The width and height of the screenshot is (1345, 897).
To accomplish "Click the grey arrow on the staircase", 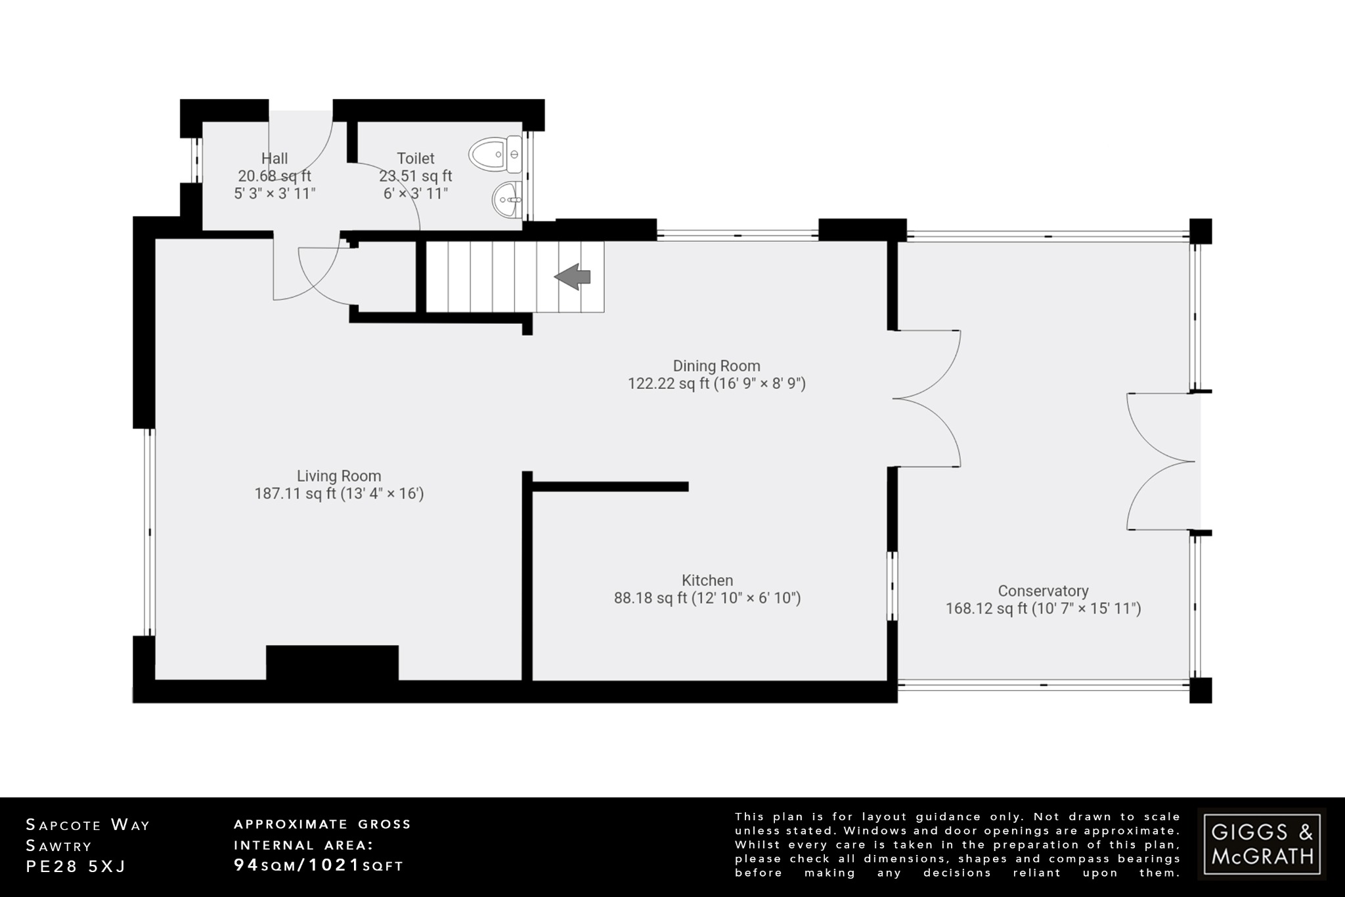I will (x=573, y=277).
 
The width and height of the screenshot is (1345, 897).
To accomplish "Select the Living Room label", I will (x=339, y=476).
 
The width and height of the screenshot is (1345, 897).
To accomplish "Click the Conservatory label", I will (x=1043, y=591).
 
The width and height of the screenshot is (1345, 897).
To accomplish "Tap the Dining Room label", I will (x=717, y=366).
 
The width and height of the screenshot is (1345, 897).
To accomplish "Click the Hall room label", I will (x=275, y=158).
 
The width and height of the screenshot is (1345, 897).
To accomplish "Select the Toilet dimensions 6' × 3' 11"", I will (x=416, y=194).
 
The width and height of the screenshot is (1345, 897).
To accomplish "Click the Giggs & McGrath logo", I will (x=1262, y=844).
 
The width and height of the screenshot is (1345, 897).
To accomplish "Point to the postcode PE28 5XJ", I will (x=76, y=867).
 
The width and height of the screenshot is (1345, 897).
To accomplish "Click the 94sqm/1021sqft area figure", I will (x=319, y=865).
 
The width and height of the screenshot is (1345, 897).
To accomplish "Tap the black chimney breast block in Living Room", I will (x=332, y=662).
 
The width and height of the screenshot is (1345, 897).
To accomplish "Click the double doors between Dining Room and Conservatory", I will (x=926, y=398).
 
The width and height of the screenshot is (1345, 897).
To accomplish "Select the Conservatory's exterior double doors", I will (x=1161, y=461).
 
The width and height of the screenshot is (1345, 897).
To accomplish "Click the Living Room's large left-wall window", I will (x=149, y=532).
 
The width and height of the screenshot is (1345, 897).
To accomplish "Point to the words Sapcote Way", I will (x=88, y=825).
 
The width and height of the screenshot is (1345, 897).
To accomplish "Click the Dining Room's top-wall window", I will (x=737, y=234).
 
